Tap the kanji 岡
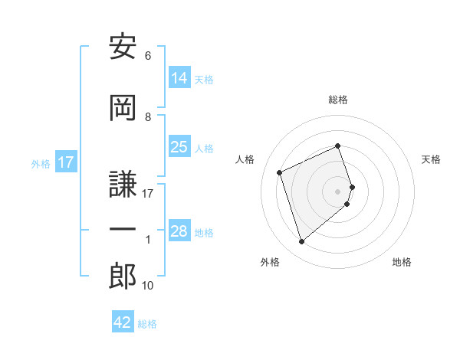[123, 107]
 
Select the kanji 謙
[123, 184]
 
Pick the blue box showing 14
[179, 77]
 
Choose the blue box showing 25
[179, 147]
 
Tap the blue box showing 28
[179, 231]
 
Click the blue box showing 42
[123, 322]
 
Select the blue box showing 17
[65, 162]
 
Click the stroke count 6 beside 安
[148, 56]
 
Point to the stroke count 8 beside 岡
[148, 116]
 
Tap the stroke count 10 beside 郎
[148, 286]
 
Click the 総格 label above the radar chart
[338, 100]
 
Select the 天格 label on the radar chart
[432, 159]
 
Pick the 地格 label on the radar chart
[402, 262]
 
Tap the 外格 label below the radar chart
[270, 262]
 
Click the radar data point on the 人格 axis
[281, 172]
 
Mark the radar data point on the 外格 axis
[301, 242]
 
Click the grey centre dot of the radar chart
[338, 191]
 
